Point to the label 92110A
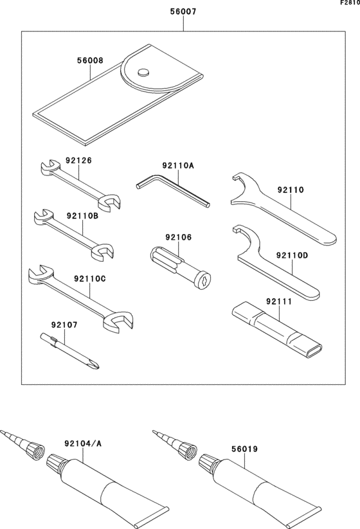coord(178,165)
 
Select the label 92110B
coord(82,217)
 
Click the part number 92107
coord(65,325)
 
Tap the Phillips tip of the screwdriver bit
coord(95,366)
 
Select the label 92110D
coord(292,255)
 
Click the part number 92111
coord(279,300)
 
